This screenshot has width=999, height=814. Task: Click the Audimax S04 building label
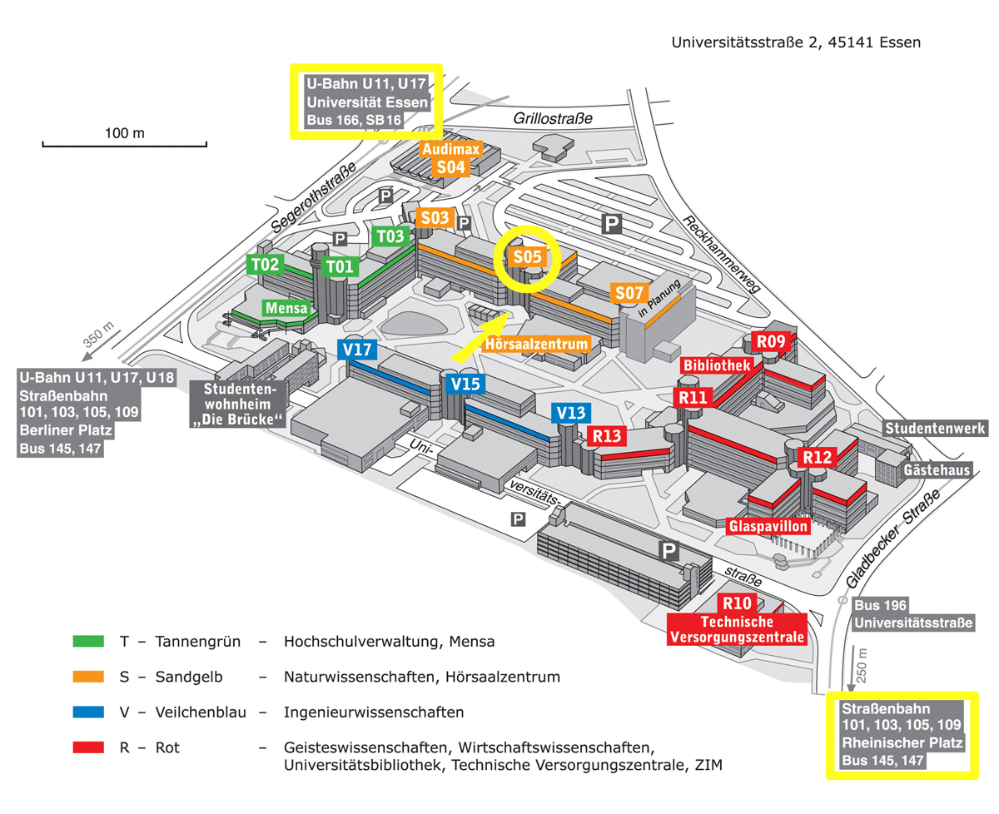click(450, 158)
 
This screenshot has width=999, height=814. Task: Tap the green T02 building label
click(266, 266)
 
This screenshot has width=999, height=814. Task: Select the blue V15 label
click(465, 385)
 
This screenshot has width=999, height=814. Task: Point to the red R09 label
click(770, 341)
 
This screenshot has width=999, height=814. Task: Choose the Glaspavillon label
click(768, 526)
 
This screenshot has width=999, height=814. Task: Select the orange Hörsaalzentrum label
click(539, 343)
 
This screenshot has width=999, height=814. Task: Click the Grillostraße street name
click(553, 119)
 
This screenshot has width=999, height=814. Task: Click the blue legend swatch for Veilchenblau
click(88, 712)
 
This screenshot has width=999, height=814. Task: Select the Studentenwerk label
click(936, 429)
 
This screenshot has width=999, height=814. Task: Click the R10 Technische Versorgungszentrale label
click(738, 620)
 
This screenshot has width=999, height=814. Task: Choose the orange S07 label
click(629, 293)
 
